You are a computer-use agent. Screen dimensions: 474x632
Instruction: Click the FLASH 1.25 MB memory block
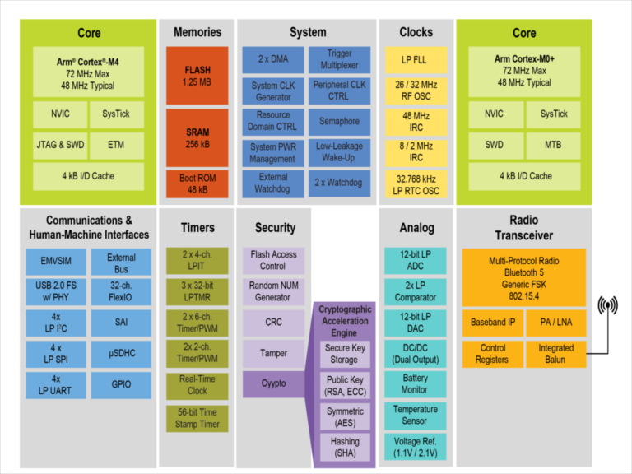point(197,76)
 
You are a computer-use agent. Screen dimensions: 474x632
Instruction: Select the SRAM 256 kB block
point(197,137)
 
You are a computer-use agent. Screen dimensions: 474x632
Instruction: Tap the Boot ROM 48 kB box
point(197,183)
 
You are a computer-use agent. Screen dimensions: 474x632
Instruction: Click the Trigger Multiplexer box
point(338,59)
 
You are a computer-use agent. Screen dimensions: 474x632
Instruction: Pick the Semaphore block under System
point(338,121)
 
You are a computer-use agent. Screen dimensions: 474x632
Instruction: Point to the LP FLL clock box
point(416,59)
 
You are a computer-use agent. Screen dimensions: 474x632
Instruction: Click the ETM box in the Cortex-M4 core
point(116,146)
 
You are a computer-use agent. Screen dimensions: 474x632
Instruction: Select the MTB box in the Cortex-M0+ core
point(553,146)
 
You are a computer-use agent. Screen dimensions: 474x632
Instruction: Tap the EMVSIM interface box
point(55,262)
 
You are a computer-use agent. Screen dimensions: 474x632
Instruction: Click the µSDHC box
point(121,354)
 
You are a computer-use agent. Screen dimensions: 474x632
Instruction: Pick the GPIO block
point(121,384)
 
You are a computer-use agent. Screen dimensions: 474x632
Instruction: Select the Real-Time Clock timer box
point(197,384)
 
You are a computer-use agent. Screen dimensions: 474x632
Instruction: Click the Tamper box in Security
point(273,353)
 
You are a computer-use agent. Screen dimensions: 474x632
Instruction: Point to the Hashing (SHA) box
point(345,447)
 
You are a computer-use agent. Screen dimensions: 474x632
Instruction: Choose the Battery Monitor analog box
point(415,383)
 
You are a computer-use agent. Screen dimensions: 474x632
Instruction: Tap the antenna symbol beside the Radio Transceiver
point(608,308)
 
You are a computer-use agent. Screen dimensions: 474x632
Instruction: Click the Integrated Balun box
point(555,354)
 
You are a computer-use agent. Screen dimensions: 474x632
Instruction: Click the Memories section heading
point(197,32)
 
